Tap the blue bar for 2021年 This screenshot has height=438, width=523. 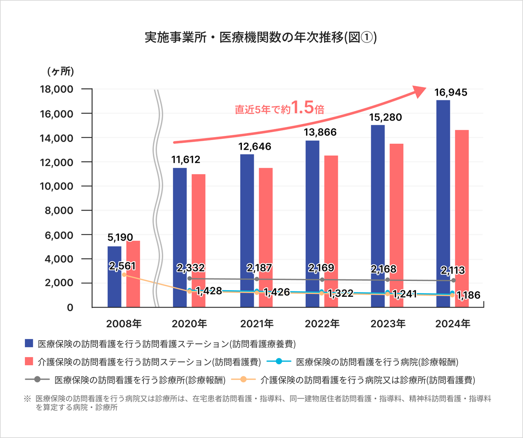coord(247,212)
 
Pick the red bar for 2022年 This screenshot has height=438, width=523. coord(331,220)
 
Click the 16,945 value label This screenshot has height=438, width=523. coord(451,93)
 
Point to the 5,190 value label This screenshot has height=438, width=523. coord(120,238)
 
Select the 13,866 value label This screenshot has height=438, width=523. coord(320,132)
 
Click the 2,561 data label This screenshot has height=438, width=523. coord(122,266)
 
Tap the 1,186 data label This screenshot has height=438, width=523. coord(468,295)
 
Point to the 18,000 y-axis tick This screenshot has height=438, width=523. coord(56,89)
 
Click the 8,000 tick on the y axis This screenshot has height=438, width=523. coord(59,211)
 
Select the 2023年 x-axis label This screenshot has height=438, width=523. coord(388,324)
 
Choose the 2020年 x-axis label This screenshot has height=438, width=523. coord(189,324)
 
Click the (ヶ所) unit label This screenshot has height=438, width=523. coord(61,72)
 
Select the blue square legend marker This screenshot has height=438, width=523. coord(29,343)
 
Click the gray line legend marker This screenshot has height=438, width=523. coord(37,380)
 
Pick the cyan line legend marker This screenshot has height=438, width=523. coord(279,361)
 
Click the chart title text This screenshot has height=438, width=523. coord(261,38)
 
